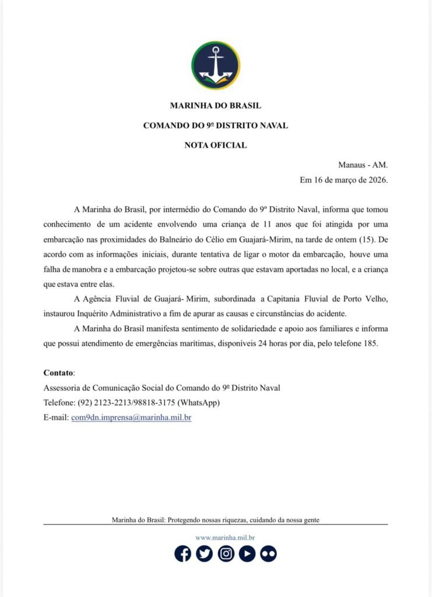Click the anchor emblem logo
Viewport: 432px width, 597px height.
click(216, 65)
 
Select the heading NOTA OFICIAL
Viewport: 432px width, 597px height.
click(216, 145)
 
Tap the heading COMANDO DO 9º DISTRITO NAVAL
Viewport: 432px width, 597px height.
click(216, 126)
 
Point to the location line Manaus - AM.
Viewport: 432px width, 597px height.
click(363, 165)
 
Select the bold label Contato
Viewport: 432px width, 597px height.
click(59, 373)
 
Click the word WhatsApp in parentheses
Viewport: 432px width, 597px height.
click(199, 403)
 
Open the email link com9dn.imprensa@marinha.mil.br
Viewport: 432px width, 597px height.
click(131, 418)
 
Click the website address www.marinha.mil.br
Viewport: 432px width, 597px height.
click(225, 538)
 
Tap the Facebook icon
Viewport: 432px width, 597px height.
click(183, 553)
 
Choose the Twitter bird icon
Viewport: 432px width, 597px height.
click(204, 553)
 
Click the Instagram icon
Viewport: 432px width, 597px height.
click(226, 553)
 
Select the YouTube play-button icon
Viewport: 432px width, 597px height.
click(247, 553)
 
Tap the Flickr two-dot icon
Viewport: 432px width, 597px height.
click(268, 553)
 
